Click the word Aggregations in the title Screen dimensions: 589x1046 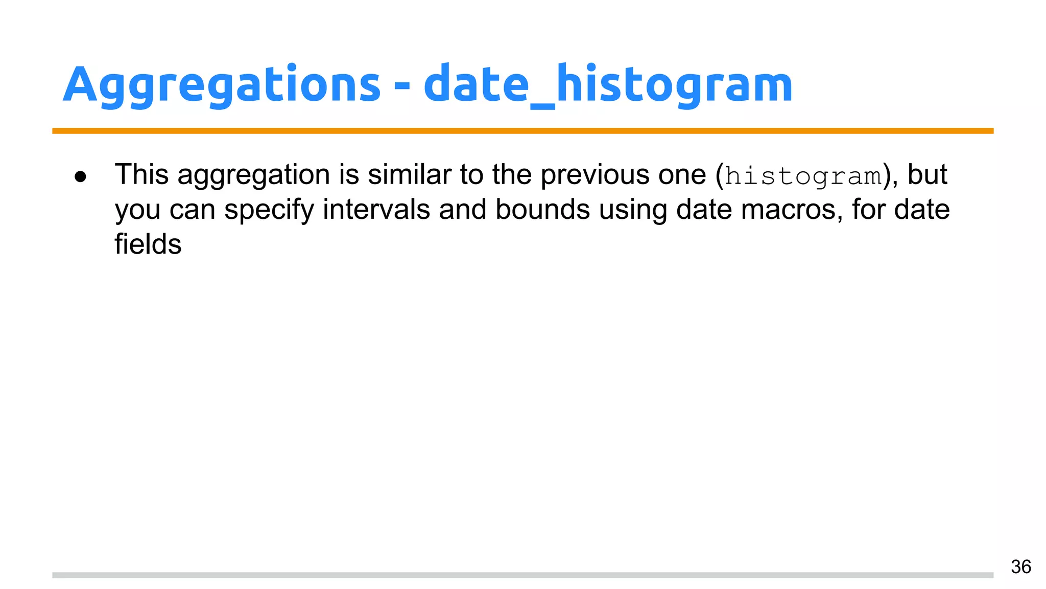tap(222, 85)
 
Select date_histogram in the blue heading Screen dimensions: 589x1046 tap(608, 85)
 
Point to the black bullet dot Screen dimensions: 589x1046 tap(81, 177)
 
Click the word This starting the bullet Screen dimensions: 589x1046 tap(141, 174)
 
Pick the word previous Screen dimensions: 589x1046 tap(595, 174)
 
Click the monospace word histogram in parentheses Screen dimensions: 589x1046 tap(803, 176)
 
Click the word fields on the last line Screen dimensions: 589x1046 tap(148, 244)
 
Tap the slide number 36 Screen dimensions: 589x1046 tap(1020, 567)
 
